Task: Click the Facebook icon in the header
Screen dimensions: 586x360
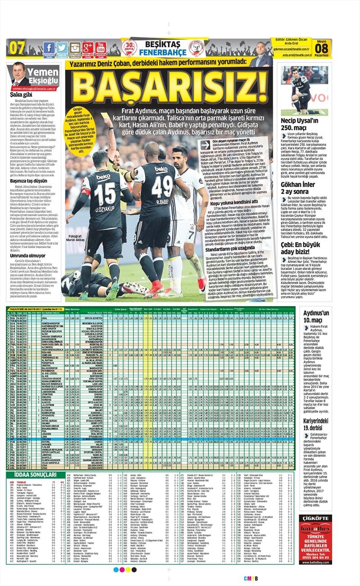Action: pyautogui.click(x=49, y=48)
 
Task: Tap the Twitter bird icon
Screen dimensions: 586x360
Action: pyautogui.click(x=62, y=48)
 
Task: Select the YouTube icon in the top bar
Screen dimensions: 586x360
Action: pyautogui.click(x=101, y=48)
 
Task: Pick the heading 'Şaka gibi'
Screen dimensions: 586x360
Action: pyautogui.click(x=21, y=95)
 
